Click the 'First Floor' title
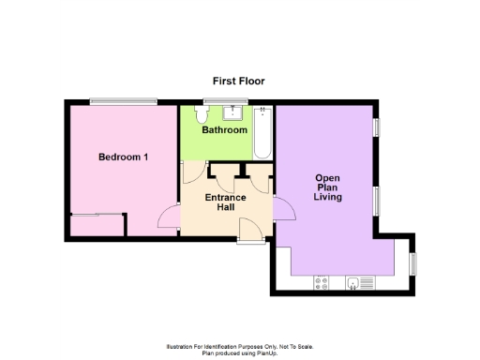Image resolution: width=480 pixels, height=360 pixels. click(238, 82)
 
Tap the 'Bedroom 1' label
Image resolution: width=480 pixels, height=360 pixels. click(123, 157)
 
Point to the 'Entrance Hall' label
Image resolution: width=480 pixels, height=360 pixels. click(226, 202)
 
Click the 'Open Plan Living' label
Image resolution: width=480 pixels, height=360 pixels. click(327, 187)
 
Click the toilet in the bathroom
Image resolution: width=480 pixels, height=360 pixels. click(200, 113)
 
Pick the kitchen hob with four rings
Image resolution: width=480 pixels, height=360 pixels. click(323, 280)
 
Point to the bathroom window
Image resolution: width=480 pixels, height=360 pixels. click(215, 101)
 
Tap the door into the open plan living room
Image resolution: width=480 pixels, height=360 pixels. click(284, 208)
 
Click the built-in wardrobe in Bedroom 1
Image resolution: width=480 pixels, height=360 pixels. click(97, 226)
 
